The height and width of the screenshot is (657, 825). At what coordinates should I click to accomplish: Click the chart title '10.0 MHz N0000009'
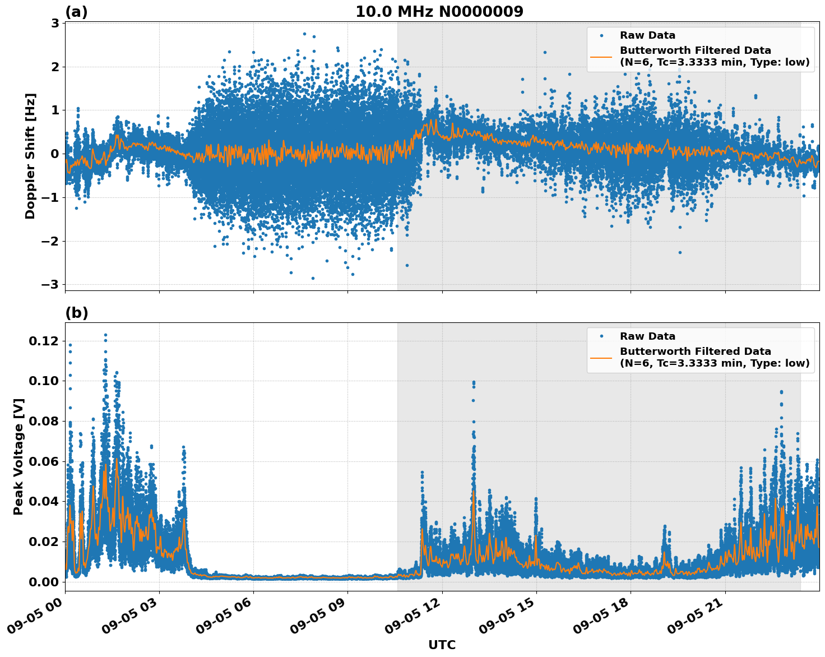pyautogui.click(x=439, y=12)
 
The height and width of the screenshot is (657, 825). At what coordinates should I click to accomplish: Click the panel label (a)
pyautogui.click(x=76, y=12)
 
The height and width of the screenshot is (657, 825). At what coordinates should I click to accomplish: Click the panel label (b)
pyautogui.click(x=76, y=313)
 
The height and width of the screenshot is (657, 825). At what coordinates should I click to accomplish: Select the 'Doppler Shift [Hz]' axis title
pyautogui.click(x=30, y=156)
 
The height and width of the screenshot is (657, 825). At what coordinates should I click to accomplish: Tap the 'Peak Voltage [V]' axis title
pyautogui.click(x=18, y=456)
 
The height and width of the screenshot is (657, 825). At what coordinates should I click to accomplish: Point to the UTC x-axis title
pyautogui.click(x=442, y=645)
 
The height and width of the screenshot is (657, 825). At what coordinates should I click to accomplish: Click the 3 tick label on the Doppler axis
pyautogui.click(x=55, y=23)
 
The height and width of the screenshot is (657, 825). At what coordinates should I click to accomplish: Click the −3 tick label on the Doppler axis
pyautogui.click(x=50, y=285)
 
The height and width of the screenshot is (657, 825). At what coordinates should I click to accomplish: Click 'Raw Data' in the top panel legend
pyautogui.click(x=647, y=35)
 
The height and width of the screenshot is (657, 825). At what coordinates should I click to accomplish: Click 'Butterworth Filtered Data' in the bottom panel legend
pyautogui.click(x=695, y=351)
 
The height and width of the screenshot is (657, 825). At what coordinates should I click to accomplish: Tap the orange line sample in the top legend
pyautogui.click(x=601, y=56)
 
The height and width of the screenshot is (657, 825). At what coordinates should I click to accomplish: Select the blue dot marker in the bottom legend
pyautogui.click(x=601, y=336)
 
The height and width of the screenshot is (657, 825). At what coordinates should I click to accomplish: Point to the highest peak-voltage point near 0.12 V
pyautogui.click(x=105, y=335)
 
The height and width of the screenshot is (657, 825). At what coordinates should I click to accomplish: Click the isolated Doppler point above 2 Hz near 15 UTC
pyautogui.click(x=544, y=52)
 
